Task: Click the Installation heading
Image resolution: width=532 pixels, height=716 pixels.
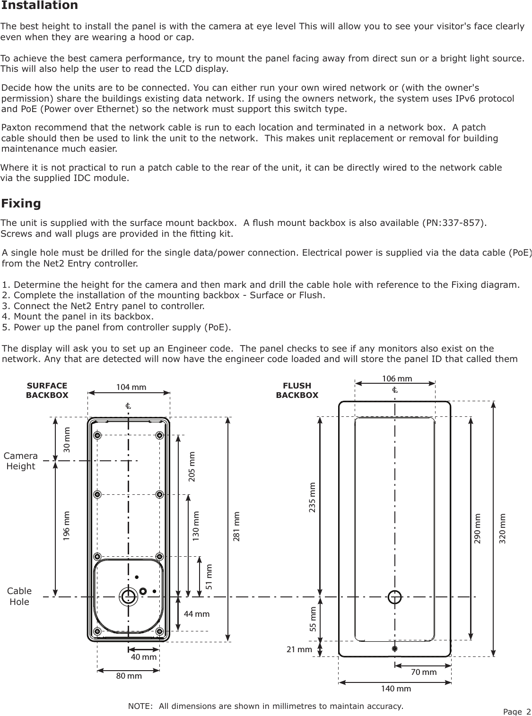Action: point(40,6)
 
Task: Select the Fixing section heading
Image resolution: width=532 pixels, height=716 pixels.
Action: point(21,204)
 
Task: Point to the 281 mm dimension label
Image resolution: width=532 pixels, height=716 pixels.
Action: point(237,526)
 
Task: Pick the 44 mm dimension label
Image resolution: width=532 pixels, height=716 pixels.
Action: point(196,614)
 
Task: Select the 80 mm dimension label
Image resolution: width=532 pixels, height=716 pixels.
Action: point(129,676)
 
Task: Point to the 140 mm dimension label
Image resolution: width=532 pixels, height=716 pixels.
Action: point(396,689)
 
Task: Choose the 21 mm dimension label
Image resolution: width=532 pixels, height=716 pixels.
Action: point(299,649)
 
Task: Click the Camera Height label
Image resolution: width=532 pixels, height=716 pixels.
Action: point(20,461)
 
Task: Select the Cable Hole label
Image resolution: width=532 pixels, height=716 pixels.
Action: point(19,596)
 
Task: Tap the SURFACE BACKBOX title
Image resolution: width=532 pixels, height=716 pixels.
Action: point(47,390)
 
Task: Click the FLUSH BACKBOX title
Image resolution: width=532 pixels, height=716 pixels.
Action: point(297,390)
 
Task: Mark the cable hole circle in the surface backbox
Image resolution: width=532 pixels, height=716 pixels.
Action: point(128,597)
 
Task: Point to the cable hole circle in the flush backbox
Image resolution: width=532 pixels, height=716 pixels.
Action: point(394,597)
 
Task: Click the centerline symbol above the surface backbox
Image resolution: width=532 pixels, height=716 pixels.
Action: point(128,406)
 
